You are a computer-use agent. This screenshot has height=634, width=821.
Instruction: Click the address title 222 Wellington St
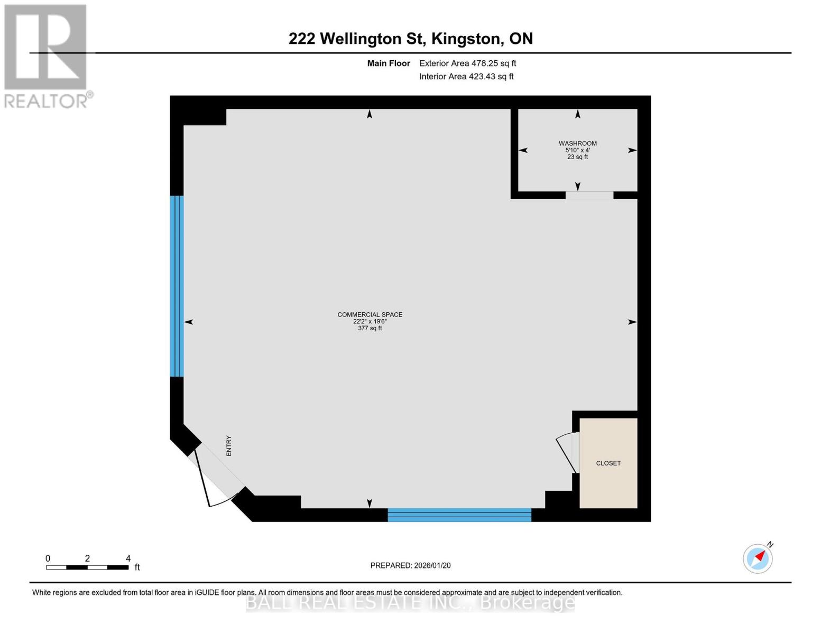pyautogui.click(x=410, y=39)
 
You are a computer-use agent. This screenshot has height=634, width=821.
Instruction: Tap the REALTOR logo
pyautogui.click(x=46, y=55)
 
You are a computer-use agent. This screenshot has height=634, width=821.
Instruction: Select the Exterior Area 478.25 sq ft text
pyautogui.click(x=467, y=63)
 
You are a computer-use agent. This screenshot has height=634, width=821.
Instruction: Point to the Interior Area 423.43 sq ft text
pyautogui.click(x=466, y=77)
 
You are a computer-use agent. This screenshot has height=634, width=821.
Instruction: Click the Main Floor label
pyautogui.click(x=389, y=63)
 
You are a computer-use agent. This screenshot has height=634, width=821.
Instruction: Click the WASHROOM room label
pyautogui.click(x=577, y=143)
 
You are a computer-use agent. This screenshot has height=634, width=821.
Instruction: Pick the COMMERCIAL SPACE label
pyautogui.click(x=370, y=314)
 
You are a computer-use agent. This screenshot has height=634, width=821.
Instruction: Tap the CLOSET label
pyautogui.click(x=608, y=463)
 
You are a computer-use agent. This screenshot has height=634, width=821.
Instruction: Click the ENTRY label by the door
pyautogui.click(x=229, y=445)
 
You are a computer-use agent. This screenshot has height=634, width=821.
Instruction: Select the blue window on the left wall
pyautogui.click(x=177, y=286)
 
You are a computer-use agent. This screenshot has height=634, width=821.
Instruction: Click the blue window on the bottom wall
pyautogui.click(x=459, y=515)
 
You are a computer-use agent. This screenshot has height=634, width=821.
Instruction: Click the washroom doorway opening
pyautogui.click(x=589, y=195)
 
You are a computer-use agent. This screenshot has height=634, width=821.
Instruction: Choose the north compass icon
pyautogui.click(x=758, y=558)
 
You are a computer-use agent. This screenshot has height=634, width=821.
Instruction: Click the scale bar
pyautogui.click(x=87, y=567)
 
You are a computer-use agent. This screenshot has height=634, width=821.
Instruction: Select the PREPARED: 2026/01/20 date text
pyautogui.click(x=410, y=565)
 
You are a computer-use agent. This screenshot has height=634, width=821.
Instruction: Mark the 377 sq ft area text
pyautogui.click(x=370, y=328)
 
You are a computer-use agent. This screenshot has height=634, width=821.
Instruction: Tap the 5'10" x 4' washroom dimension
pyautogui.click(x=577, y=150)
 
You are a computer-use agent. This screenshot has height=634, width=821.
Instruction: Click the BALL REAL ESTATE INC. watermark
pyautogui.click(x=410, y=602)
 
